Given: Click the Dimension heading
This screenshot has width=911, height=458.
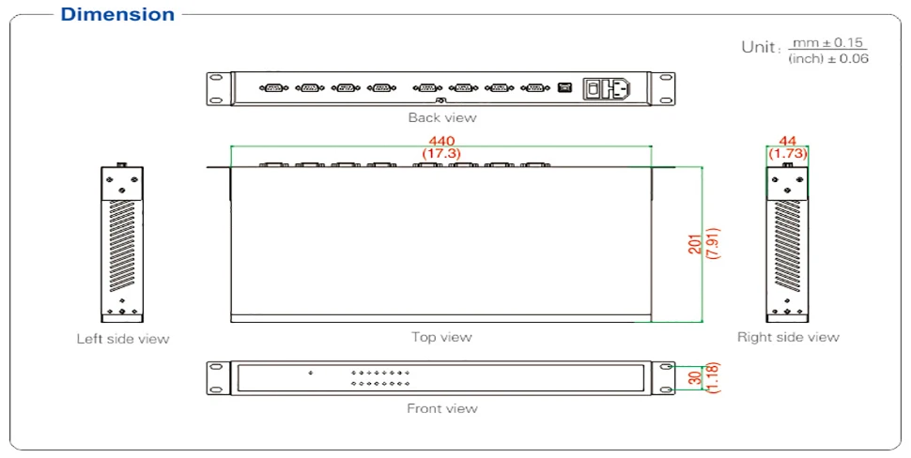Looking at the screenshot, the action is pos(117,14).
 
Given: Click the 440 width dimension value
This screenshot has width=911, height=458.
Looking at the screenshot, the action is pos(440,141).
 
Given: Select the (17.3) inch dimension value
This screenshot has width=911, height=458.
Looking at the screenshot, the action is pos(440,153).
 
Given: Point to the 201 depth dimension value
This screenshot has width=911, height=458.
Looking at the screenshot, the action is pos(694,244).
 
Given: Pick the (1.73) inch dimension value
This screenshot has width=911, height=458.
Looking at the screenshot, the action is pos(788,152).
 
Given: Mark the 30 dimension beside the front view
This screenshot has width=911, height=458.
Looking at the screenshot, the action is pos(695,376).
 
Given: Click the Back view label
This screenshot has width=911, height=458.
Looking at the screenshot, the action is pos(441,117).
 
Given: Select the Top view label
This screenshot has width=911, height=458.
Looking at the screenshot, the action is pos(441,337).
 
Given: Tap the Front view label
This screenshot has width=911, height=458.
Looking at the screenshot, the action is pos(441,408).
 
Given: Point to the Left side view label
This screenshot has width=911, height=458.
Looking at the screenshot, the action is pos(123,339).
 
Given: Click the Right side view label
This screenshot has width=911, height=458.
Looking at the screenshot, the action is pos(788,337).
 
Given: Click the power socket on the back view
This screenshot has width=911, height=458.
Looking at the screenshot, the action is pos(608,88).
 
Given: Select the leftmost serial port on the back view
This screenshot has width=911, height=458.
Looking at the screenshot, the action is pos(273,88).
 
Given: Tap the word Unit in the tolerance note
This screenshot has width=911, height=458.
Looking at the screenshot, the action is pos(760,48).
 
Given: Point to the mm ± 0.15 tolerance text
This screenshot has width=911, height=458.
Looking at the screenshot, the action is pos(826,43).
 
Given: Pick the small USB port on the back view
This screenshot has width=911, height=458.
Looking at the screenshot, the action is pos(564,88).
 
